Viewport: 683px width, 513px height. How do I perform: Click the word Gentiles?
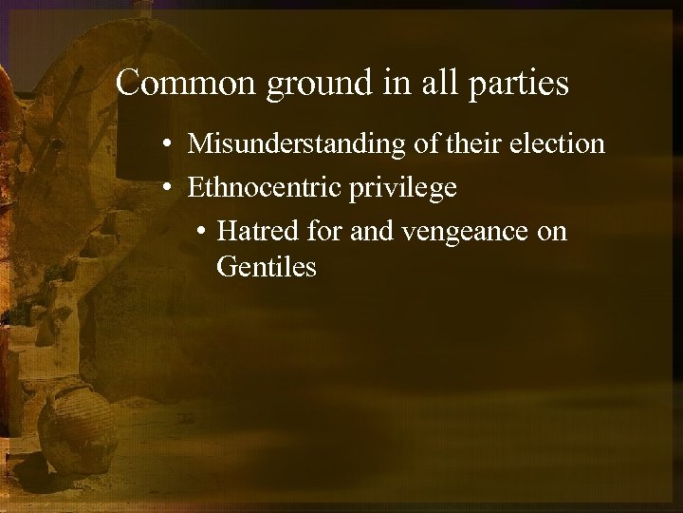(x=267, y=267)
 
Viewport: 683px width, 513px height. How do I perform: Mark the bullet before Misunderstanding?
(x=166, y=145)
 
